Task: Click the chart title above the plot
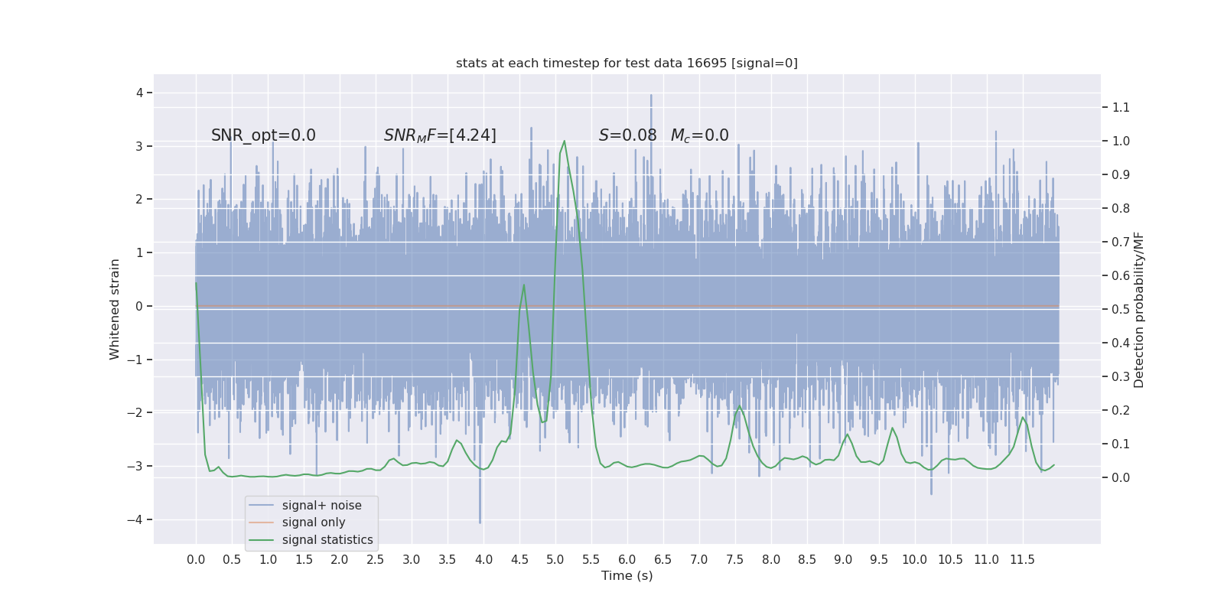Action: coord(627,63)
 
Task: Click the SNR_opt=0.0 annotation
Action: coord(263,135)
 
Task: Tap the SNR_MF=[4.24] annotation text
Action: coord(440,135)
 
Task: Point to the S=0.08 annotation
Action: coord(627,135)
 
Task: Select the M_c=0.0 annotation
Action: coord(699,135)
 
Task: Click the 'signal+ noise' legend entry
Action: coord(321,506)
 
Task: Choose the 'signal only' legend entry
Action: coord(314,522)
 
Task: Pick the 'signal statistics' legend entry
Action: coord(327,540)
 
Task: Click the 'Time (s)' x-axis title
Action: coord(627,576)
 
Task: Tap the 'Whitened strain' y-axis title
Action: coord(115,309)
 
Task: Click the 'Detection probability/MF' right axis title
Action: coord(1139,310)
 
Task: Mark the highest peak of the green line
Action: coord(565,141)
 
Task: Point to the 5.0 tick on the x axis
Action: coord(555,560)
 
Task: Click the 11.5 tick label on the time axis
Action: coord(1022,560)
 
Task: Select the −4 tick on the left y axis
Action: coord(138,520)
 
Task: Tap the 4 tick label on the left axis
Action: coord(140,93)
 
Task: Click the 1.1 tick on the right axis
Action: coord(1121,108)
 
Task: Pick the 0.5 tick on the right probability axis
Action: coord(1121,310)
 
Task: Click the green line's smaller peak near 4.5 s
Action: coord(524,285)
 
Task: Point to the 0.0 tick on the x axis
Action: coord(196,560)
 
